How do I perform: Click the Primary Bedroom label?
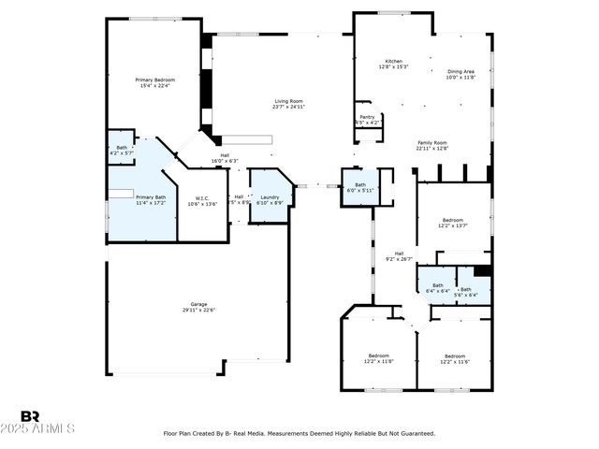155,80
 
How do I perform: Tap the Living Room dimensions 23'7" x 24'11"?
289,107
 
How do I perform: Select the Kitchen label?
393,61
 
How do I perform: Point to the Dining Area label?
460,71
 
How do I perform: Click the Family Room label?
432,142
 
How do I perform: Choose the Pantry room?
367,119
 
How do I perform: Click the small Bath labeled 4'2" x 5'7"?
122,149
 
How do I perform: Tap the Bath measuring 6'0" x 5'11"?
359,186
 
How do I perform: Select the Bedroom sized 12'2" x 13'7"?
454,221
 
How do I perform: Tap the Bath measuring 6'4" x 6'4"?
437,287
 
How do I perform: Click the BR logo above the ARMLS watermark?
30,416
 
